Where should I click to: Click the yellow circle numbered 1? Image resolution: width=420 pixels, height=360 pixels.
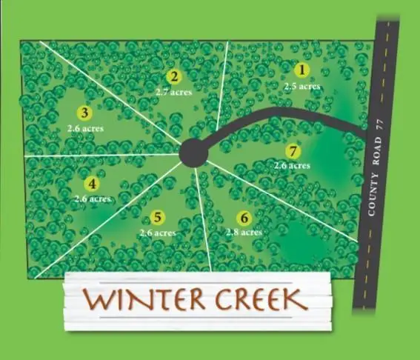pos(301,71)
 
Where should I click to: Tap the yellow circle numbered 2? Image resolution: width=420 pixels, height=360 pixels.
pos(174,76)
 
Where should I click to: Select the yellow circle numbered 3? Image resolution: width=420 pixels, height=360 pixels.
pos(84,113)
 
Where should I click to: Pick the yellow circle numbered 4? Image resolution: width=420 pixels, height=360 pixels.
pos(92,184)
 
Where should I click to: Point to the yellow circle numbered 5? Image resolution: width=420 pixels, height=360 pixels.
pos(157,217)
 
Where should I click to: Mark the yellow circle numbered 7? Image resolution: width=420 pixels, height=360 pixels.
pos(294,151)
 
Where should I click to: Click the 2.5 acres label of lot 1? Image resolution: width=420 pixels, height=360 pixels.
pos(302,86)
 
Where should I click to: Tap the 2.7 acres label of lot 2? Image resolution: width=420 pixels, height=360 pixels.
pos(173,92)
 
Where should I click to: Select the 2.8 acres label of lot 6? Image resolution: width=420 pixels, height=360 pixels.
pos(244,232)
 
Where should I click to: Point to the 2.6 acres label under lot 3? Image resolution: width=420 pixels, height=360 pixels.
pos(84,128)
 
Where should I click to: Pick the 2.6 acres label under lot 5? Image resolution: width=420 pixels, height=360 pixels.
pos(158,232)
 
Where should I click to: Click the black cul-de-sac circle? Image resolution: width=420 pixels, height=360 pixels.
pos(194,153)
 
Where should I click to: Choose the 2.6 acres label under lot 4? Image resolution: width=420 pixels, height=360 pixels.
pos(93,199)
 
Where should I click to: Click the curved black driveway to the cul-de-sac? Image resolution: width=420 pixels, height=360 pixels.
pos(281,113)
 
